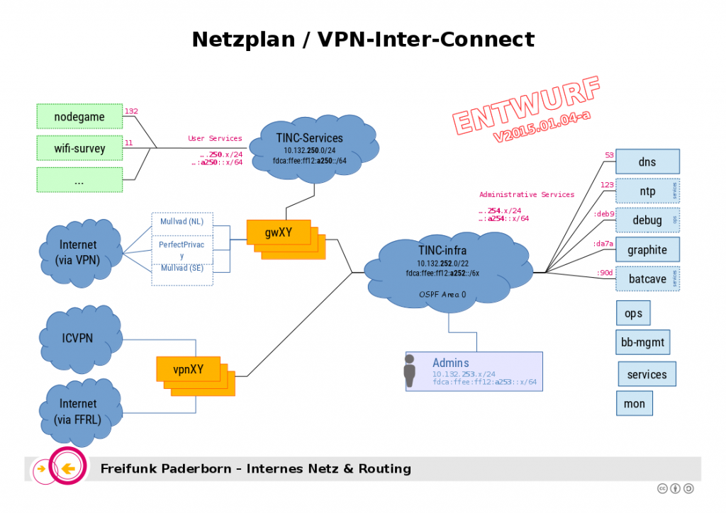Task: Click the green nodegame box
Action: (x=79, y=117)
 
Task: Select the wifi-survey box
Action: (x=79, y=149)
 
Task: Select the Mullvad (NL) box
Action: (x=181, y=221)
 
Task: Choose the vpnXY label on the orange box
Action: (x=188, y=369)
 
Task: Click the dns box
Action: (x=647, y=162)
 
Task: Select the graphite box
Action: (x=647, y=249)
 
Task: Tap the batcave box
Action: (x=647, y=279)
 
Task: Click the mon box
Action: (x=634, y=404)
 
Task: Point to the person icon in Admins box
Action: (x=409, y=371)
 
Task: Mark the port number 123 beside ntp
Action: (x=607, y=185)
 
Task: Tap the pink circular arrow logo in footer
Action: (x=67, y=468)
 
